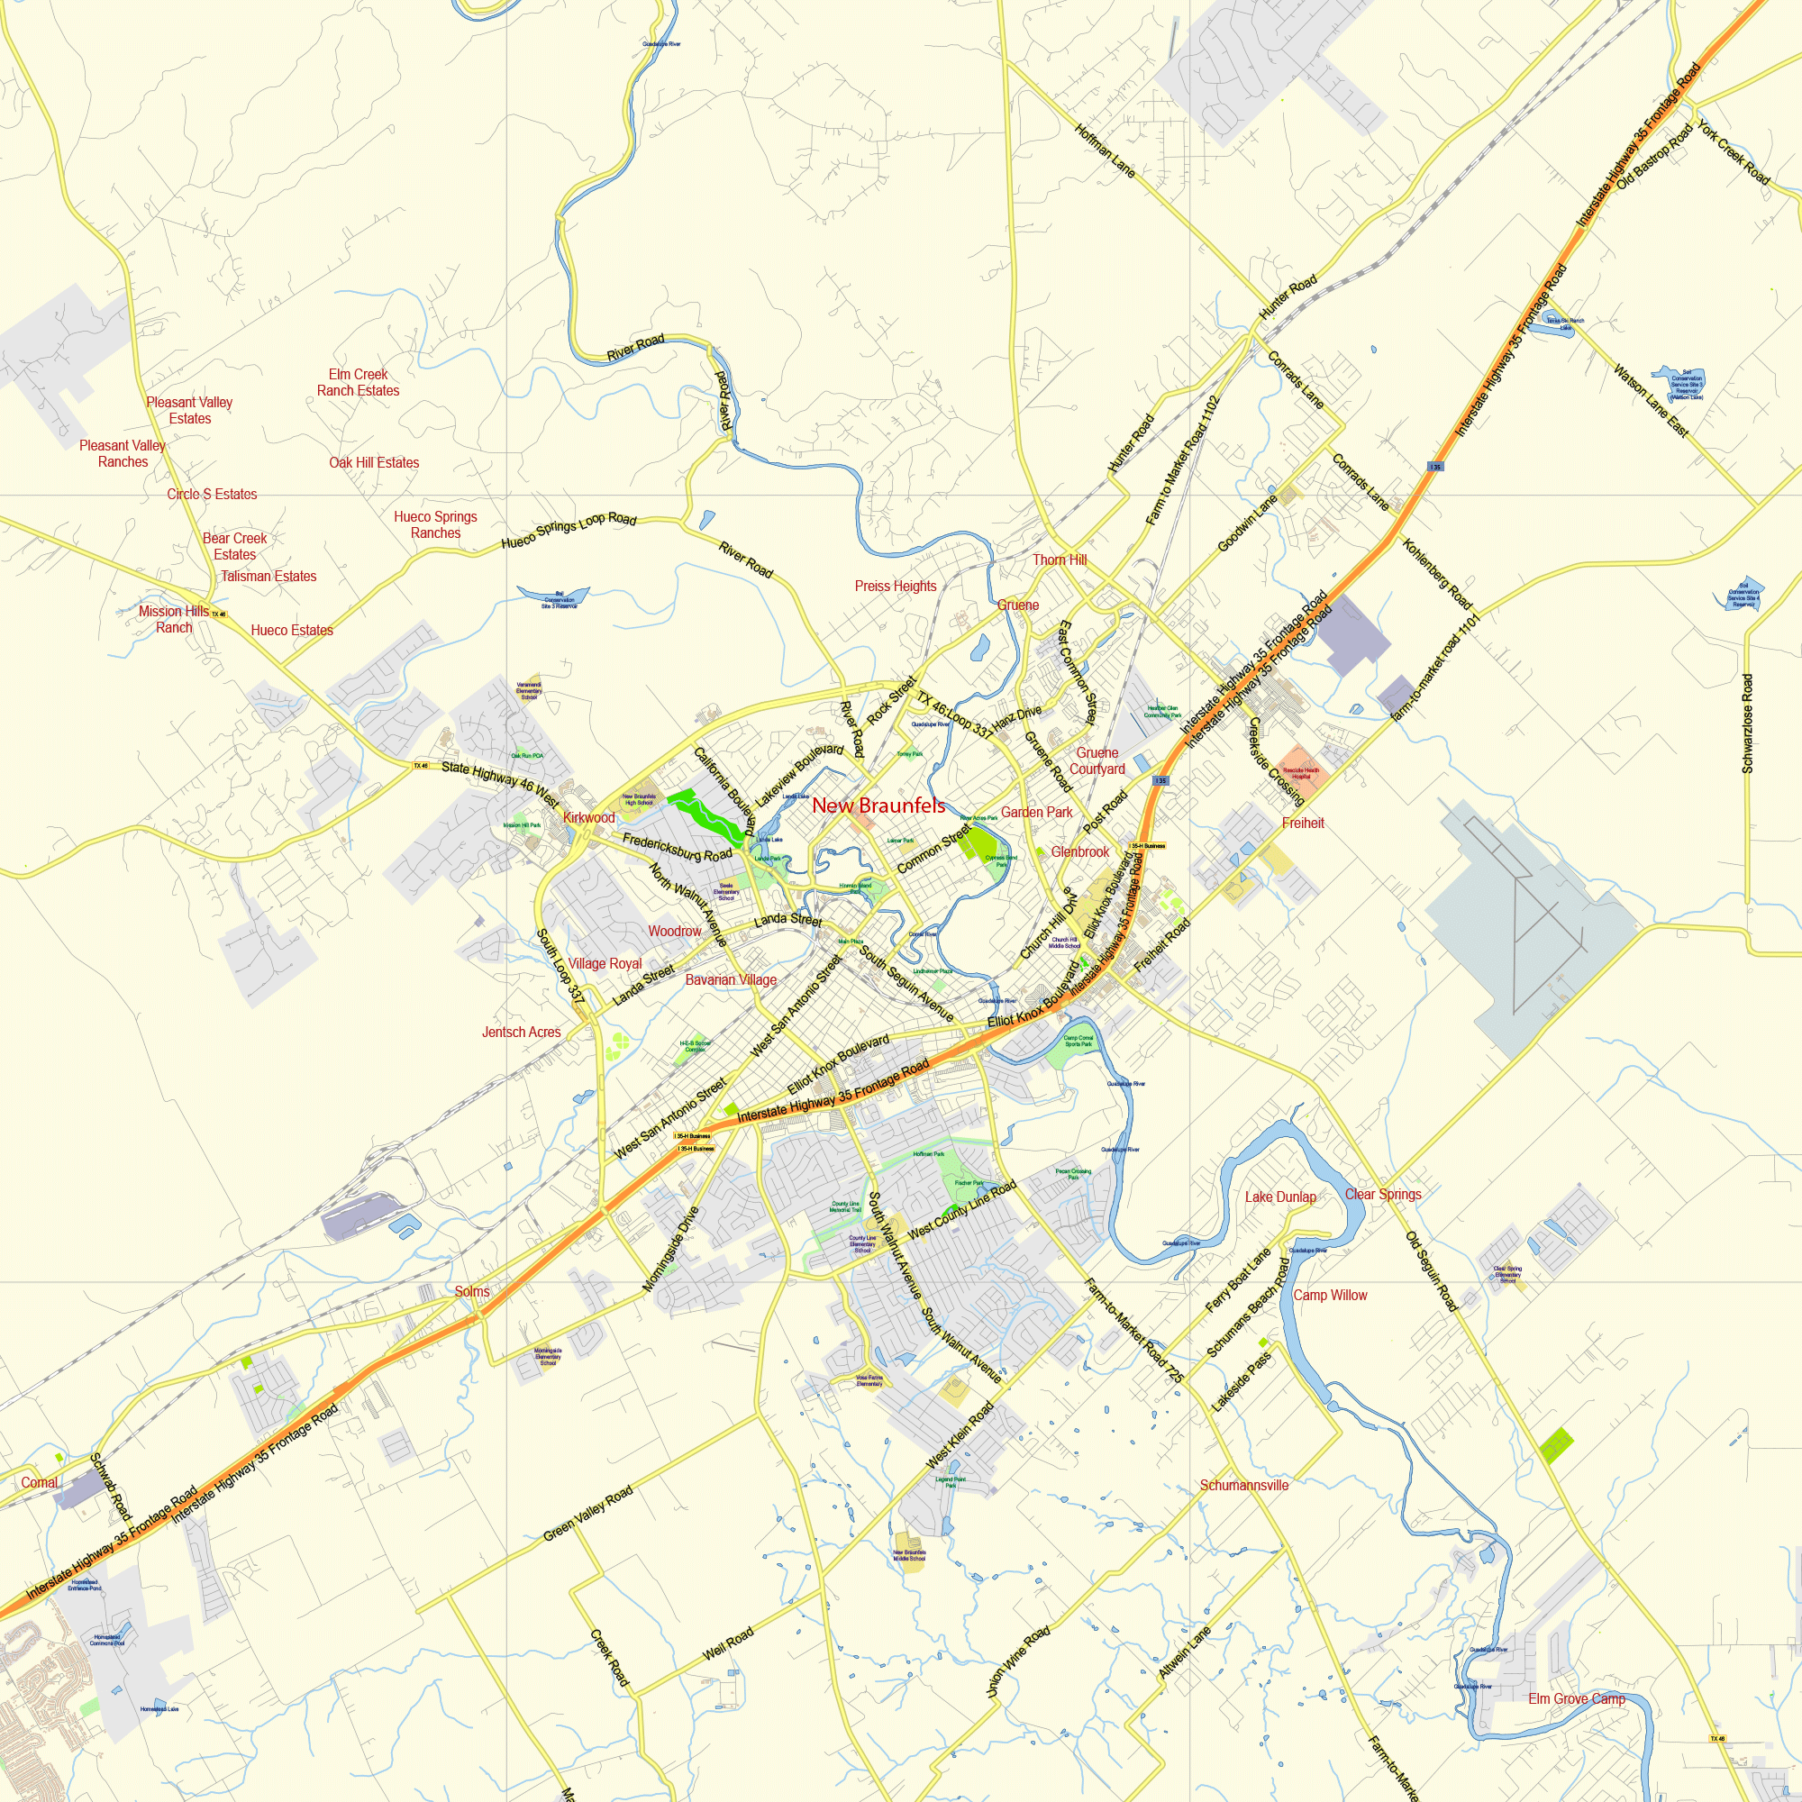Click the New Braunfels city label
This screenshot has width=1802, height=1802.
coord(878,805)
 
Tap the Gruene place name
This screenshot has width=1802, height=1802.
coord(1017,605)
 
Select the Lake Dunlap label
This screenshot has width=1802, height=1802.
coord(1279,1197)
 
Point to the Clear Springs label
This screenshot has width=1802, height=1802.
coord(1382,1195)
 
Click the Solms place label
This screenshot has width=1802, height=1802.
coord(472,1292)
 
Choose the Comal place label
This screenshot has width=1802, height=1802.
coord(39,1483)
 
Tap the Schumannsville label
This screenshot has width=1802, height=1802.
coord(1243,1486)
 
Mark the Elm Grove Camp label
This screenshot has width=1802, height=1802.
coord(1576,1699)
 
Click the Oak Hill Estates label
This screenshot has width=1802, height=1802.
coord(374,462)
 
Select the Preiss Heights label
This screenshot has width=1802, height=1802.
coord(896,587)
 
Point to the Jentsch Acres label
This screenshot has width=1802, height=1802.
coord(522,1033)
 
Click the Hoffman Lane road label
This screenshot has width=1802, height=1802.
coord(1106,151)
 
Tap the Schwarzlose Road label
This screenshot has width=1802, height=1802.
coord(1747,724)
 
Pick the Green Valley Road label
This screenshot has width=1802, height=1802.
coord(588,1513)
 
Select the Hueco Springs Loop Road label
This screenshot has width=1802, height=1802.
coord(569,530)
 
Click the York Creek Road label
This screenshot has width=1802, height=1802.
coord(1733,153)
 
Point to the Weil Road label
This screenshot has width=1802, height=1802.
coord(728,1643)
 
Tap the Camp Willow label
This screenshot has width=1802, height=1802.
coord(1330,1296)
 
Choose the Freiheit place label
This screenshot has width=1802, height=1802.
coord(1303,824)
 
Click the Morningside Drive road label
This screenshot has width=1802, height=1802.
coord(670,1250)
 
